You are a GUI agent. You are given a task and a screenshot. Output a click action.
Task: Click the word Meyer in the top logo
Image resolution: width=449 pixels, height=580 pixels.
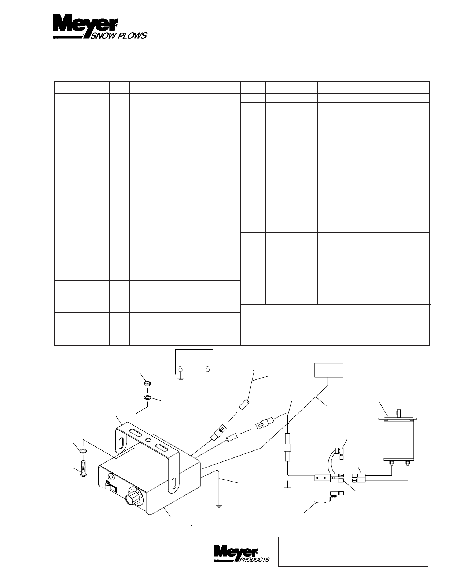tap(85, 24)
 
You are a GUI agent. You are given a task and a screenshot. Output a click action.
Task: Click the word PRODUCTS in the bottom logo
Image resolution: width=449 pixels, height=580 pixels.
tap(254, 560)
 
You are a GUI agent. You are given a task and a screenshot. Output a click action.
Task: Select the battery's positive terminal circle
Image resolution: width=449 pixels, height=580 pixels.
tap(207, 370)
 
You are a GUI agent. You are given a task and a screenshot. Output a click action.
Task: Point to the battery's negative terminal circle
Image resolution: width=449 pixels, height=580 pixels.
tap(180, 370)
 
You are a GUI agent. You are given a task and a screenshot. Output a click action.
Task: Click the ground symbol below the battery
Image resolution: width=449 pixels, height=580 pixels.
tap(180, 379)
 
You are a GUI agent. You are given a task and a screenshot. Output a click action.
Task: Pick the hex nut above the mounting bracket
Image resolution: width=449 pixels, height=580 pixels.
tap(147, 383)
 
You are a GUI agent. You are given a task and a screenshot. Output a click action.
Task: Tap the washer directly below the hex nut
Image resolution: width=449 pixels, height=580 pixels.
tap(147, 397)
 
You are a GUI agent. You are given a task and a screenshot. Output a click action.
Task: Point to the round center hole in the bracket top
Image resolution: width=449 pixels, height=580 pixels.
tap(148, 439)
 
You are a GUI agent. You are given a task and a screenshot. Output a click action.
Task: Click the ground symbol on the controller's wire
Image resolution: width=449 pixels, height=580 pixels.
tap(219, 506)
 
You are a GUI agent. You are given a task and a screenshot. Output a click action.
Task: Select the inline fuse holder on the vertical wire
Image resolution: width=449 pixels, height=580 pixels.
tap(287, 448)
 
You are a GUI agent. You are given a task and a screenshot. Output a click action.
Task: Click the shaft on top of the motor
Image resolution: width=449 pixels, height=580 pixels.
tap(399, 414)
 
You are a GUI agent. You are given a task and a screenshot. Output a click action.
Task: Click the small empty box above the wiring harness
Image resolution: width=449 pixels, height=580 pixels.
tap(329, 370)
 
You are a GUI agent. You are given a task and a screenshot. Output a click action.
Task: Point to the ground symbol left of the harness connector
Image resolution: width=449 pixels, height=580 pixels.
tap(287, 488)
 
